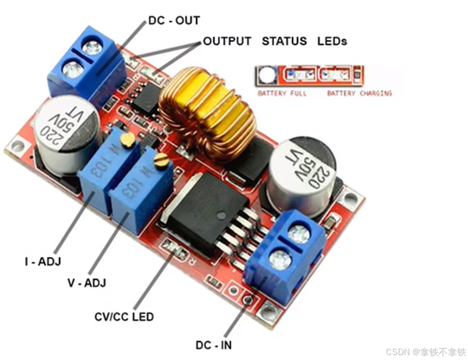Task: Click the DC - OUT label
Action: tap(174, 21)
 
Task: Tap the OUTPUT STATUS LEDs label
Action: tap(274, 41)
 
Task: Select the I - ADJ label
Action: tap(42, 262)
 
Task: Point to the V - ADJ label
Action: tap(87, 283)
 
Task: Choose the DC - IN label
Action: tap(213, 345)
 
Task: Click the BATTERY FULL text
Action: tap(282, 94)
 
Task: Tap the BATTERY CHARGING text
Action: tap(359, 94)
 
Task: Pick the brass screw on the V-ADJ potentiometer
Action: tap(161, 159)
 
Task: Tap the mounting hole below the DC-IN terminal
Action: tap(267, 311)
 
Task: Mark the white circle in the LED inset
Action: tap(266, 76)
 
